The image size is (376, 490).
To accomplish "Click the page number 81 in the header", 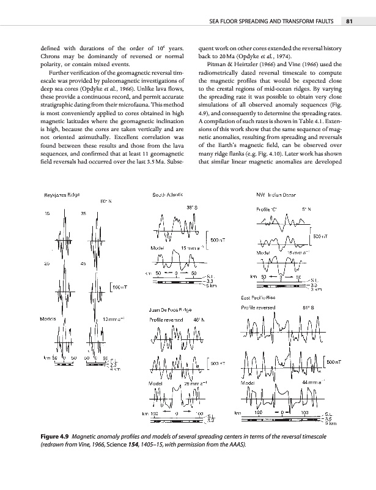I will (x=350, y=23).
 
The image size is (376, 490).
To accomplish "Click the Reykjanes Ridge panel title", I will (x=61, y=194).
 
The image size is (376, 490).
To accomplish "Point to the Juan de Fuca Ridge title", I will (x=169, y=309).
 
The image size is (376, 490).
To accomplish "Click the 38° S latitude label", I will (x=191, y=206).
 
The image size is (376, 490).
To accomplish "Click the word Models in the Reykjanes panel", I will (x=48, y=318).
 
